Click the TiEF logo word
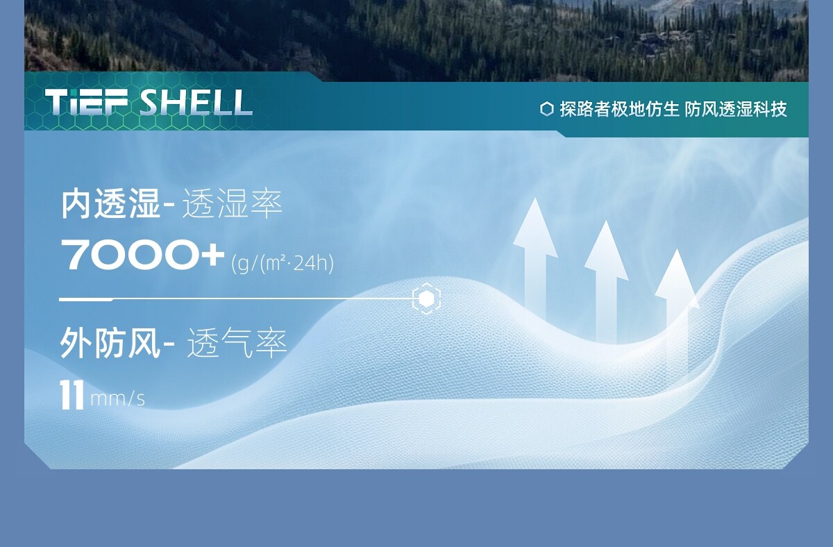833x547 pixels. tap(87, 102)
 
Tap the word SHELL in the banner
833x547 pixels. tap(196, 102)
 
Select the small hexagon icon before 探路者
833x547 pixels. tap(547, 109)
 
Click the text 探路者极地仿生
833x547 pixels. tap(619, 109)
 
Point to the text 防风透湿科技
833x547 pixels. tap(736, 109)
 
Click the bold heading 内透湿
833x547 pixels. tap(111, 204)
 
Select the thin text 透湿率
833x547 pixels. tap(232, 204)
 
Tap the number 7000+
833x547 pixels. tap(143, 255)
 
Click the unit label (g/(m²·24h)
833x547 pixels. tap(283, 263)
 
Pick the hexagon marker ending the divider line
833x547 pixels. tap(426, 298)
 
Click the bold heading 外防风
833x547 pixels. tap(110, 342)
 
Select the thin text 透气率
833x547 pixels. tap(237, 342)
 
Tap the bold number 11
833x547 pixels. tap(71, 395)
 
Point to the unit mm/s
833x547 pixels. tap(117, 399)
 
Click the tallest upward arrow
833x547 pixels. tap(535, 257)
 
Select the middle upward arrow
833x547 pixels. tap(606, 280)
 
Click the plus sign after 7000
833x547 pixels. tap(212, 255)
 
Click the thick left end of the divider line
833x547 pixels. tap(86, 299)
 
